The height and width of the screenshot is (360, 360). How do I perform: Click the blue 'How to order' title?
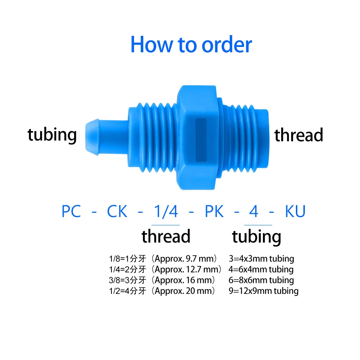pos(191,45)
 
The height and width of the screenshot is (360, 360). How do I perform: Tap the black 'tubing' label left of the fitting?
pos(52,135)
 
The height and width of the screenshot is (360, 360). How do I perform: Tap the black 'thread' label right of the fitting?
pos(299,135)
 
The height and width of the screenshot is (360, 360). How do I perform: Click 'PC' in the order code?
pos(71,212)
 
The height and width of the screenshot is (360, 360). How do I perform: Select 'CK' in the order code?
pos(117,212)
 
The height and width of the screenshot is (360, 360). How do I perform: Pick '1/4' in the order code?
pos(166,212)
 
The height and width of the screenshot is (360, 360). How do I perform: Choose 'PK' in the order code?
pos(214,212)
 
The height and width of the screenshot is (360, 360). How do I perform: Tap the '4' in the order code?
pos(254,212)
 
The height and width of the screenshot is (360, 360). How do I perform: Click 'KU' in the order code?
pos(295,212)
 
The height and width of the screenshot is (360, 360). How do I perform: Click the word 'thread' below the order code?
pos(166,236)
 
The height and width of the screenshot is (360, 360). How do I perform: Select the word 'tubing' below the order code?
pos(256,237)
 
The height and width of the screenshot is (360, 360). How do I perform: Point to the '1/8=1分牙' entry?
pos(128,259)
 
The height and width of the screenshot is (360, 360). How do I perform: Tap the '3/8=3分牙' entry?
pos(128,280)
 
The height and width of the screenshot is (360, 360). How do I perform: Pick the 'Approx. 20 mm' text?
pos(185,291)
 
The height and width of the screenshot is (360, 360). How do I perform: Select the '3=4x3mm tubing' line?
pos(261,259)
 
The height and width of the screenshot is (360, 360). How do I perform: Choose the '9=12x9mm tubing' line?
pos(264,291)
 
